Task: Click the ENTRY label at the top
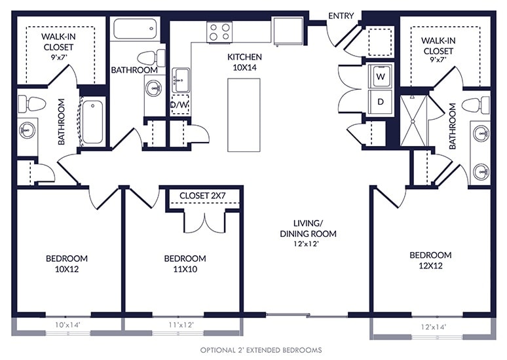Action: [x=341, y=16]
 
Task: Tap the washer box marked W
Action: [x=381, y=76]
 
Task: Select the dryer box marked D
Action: [x=381, y=101]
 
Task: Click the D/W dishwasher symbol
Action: [x=179, y=104]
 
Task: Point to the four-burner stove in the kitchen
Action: [x=219, y=32]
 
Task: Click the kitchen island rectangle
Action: [x=244, y=115]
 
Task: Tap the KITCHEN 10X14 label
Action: [x=244, y=62]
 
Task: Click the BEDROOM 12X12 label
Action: [x=430, y=260]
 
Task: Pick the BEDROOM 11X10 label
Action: [x=185, y=263]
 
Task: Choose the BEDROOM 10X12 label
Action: [x=67, y=263]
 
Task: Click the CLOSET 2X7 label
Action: [x=202, y=196]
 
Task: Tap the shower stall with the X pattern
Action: [x=413, y=121]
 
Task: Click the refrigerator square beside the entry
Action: [x=288, y=31]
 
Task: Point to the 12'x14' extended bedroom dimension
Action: [x=433, y=327]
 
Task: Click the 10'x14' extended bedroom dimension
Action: [x=67, y=325]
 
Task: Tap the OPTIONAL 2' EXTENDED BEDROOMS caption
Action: [x=261, y=350]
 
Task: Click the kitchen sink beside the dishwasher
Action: [x=180, y=80]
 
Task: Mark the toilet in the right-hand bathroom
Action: [x=476, y=105]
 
